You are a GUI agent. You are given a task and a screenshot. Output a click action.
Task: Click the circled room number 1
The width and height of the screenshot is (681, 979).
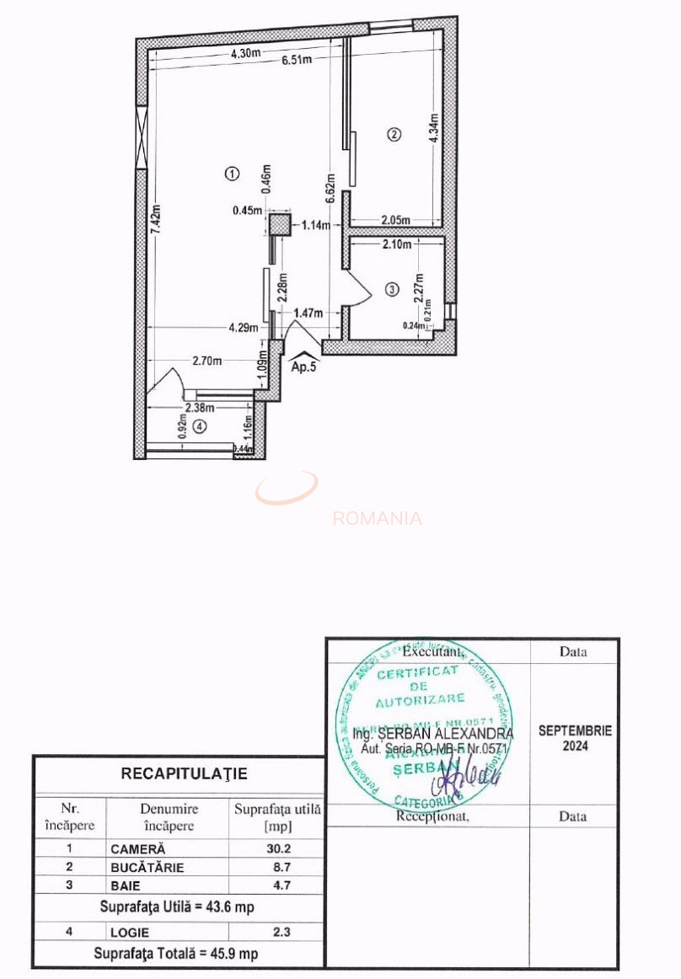tap(232, 174)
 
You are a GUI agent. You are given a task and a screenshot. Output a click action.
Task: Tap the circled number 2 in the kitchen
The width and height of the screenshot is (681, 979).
tap(392, 134)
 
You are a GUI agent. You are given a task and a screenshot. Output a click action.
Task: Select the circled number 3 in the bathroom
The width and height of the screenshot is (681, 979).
tap(390, 290)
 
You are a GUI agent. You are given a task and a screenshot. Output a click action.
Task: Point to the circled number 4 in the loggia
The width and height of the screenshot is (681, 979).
tap(199, 426)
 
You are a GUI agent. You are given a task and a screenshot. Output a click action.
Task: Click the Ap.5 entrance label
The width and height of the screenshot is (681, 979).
tap(303, 367)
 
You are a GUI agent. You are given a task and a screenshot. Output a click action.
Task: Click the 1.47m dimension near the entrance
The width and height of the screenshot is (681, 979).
tap(308, 313)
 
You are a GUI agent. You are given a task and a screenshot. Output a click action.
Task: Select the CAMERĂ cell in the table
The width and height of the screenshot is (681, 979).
tap(138, 849)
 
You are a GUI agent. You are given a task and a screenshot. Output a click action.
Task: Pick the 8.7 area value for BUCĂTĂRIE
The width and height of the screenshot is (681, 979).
tap(278, 867)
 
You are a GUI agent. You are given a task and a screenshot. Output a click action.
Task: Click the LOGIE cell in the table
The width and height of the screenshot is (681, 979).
tap(130, 933)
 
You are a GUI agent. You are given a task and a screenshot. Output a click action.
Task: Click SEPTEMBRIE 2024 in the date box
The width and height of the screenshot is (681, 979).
tap(575, 738)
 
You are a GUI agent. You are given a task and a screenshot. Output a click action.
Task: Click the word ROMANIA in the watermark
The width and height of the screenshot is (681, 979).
tap(377, 518)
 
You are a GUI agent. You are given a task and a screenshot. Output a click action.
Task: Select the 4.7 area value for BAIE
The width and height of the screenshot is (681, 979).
tap(278, 885)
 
